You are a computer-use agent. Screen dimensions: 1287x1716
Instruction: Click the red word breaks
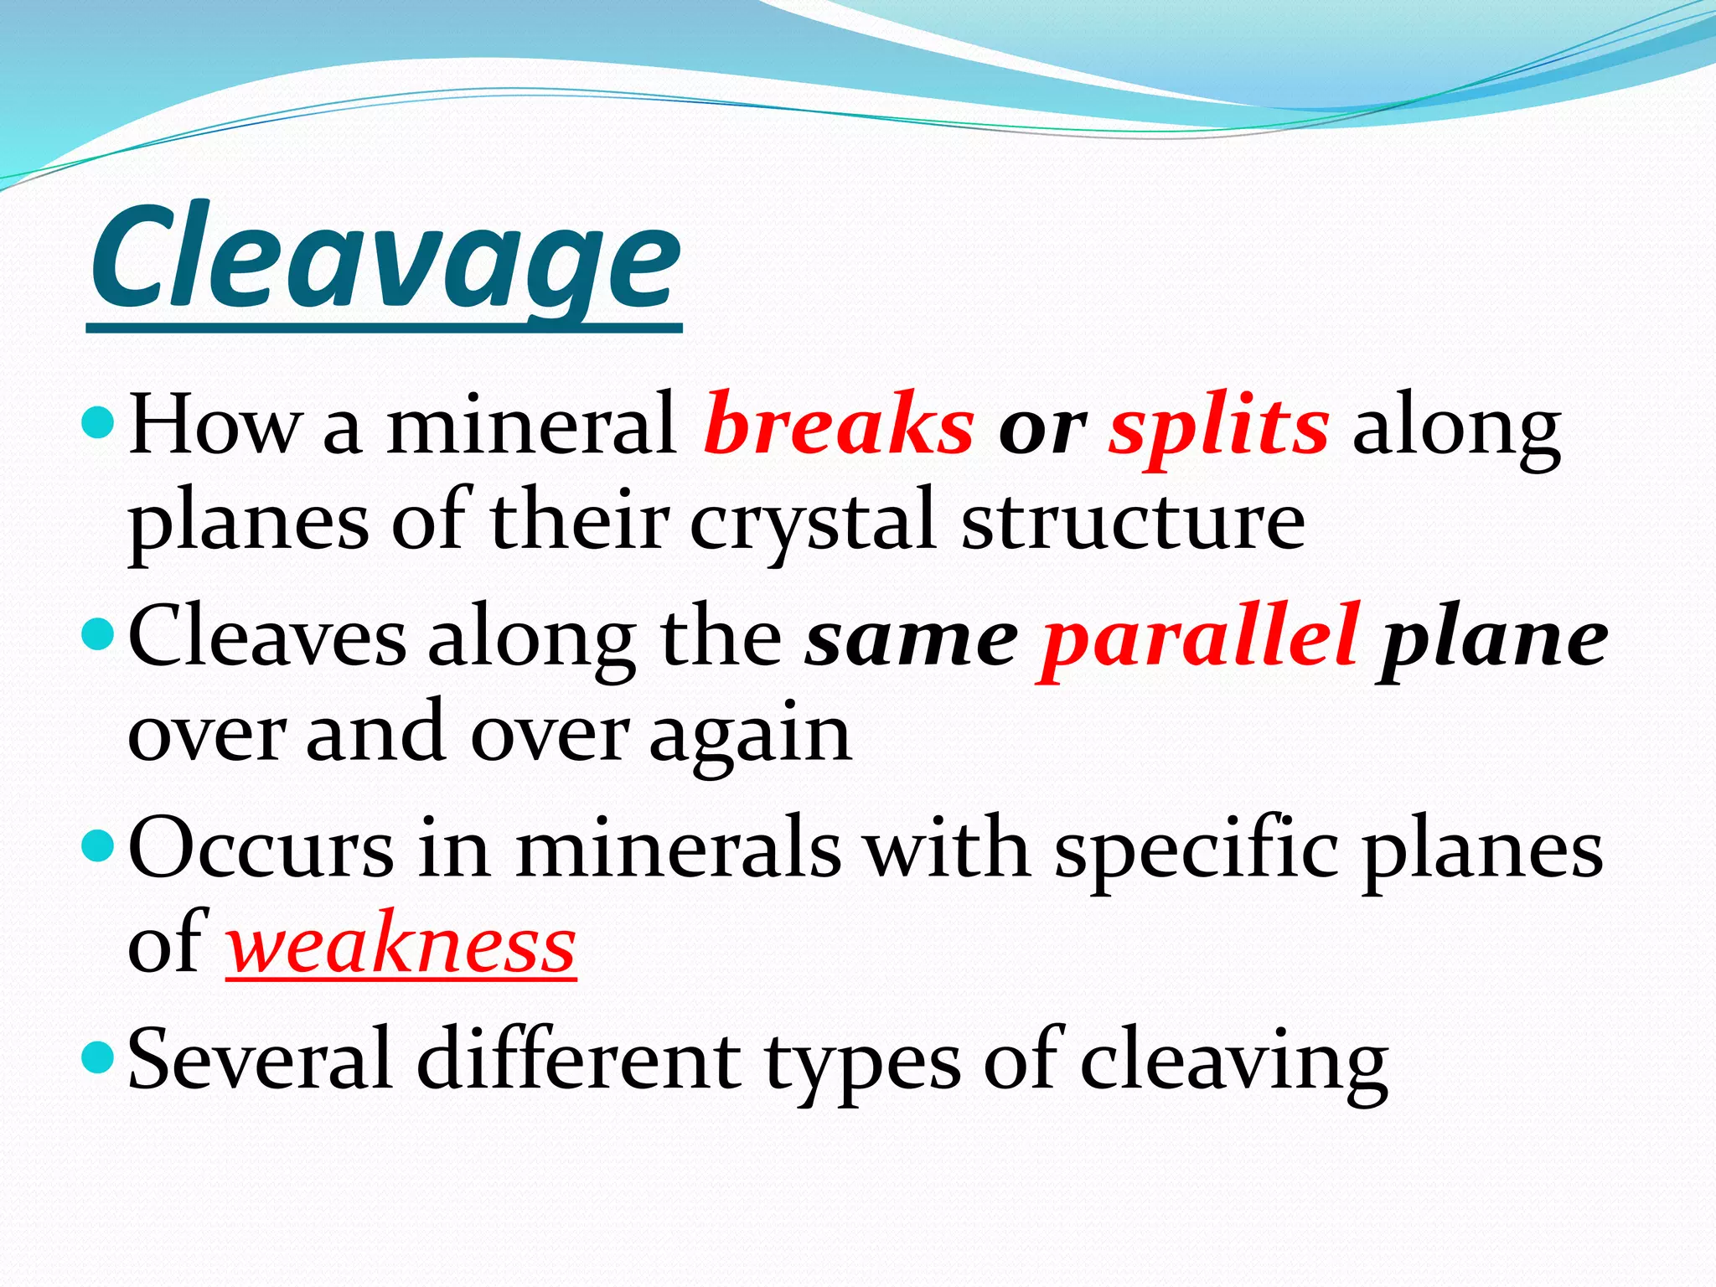839,426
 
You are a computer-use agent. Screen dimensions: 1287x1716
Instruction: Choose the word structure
1132,521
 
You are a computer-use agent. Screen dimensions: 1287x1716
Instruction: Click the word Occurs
261,850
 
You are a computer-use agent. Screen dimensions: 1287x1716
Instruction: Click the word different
578,1061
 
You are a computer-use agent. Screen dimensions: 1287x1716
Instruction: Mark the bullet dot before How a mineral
100,423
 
